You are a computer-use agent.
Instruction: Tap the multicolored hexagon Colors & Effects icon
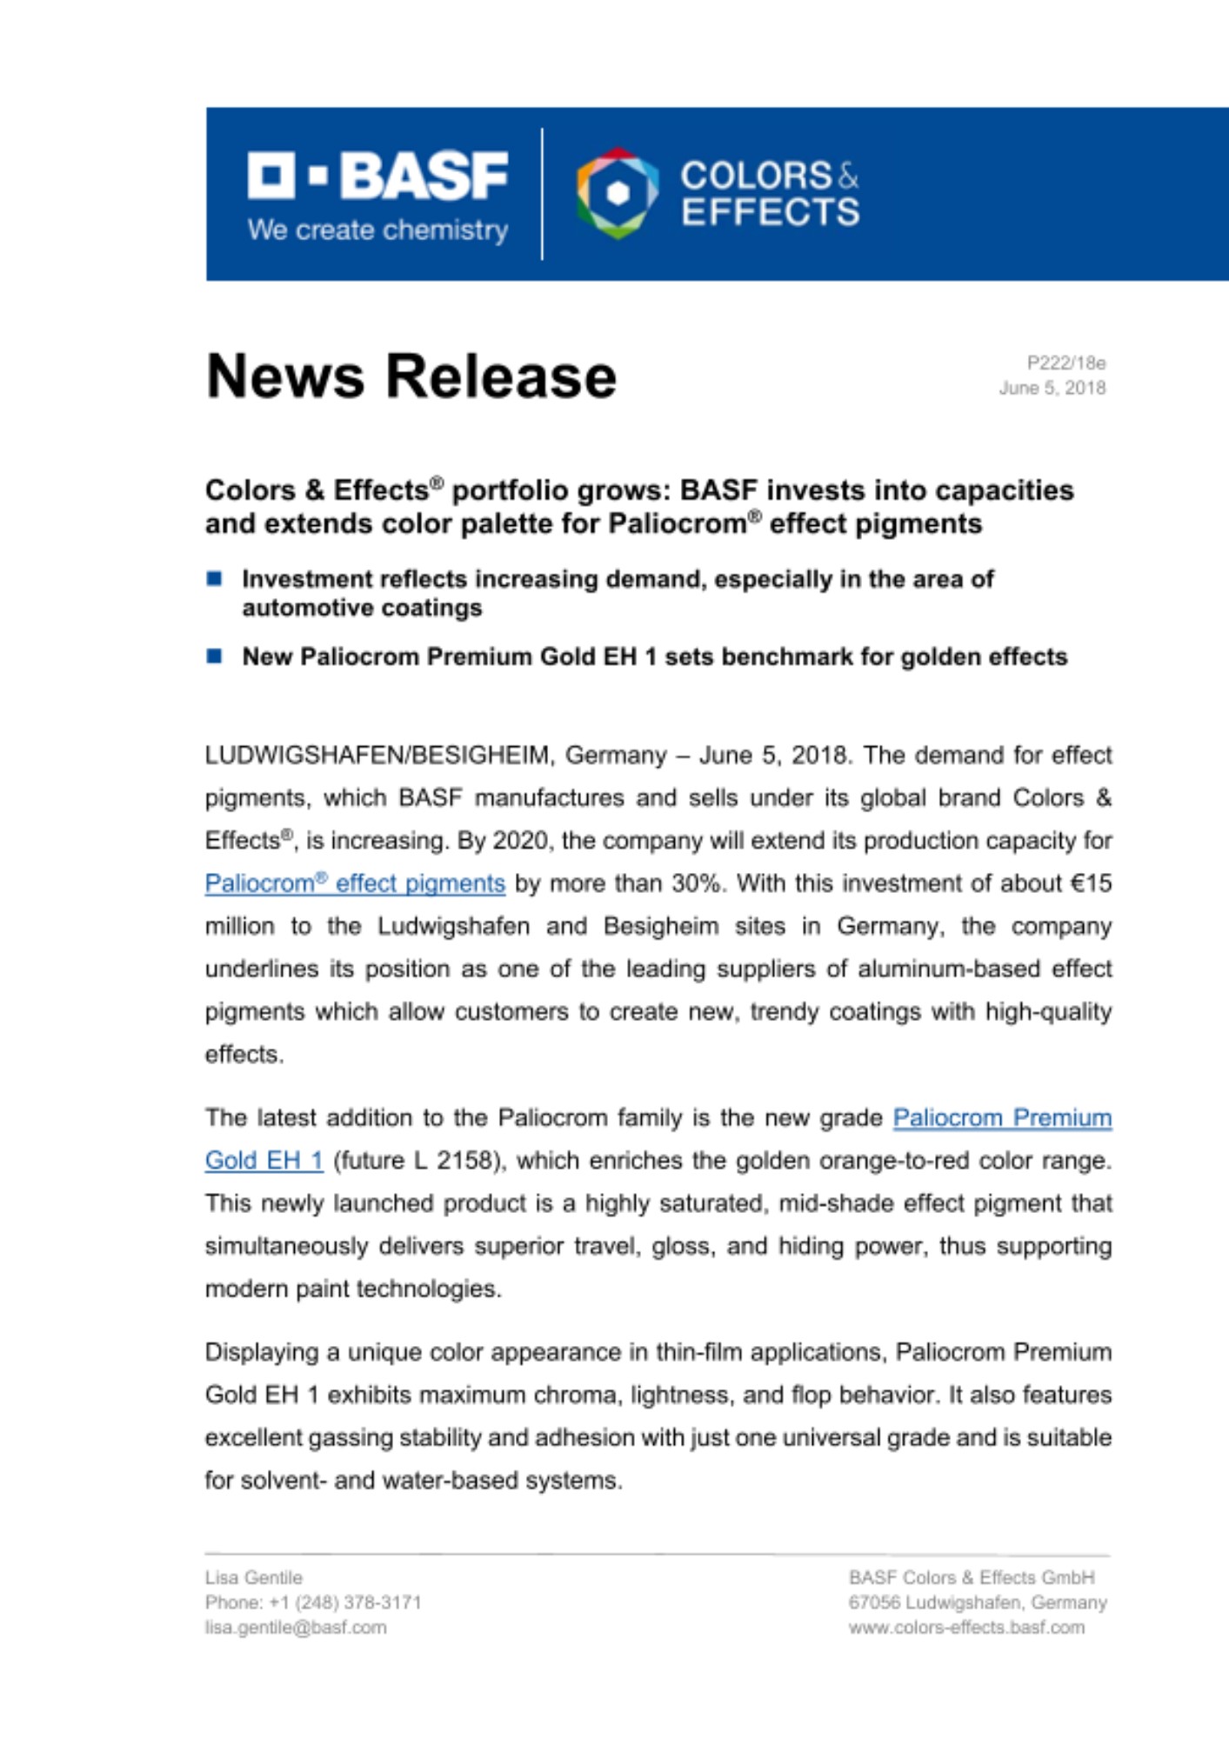coord(617,193)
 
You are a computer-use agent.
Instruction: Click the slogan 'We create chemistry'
coord(377,230)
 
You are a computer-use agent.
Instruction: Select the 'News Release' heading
coord(411,376)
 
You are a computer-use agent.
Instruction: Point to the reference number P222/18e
coord(1065,363)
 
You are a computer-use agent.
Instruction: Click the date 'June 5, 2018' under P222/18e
coord(1052,388)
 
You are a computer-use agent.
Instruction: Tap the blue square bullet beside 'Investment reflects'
coord(215,579)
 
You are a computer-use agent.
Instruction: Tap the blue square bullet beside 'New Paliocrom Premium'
coord(215,656)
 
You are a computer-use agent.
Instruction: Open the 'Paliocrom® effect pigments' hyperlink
coord(355,883)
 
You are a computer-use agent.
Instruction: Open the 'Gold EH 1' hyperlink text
coord(264,1161)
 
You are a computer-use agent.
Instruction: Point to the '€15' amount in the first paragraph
coord(1091,883)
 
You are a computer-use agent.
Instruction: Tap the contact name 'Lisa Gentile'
coord(254,1577)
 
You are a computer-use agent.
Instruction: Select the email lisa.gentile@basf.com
coord(296,1628)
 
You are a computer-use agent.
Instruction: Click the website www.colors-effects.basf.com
coord(966,1628)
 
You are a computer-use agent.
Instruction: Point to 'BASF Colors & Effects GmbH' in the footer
coord(972,1577)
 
